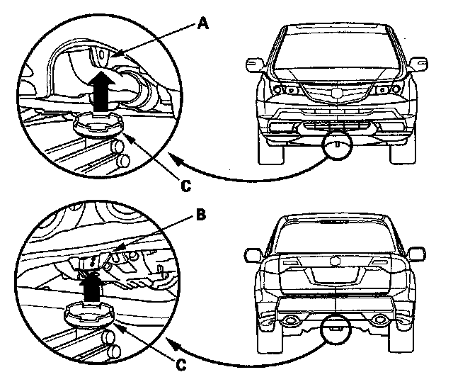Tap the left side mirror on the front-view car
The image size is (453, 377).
(x=253, y=65)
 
